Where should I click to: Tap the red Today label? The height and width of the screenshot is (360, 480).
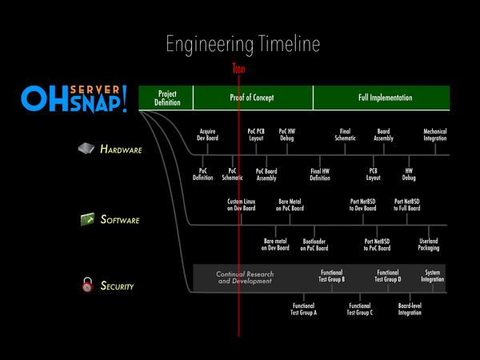click(238, 70)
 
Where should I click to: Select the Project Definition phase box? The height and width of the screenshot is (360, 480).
click(166, 98)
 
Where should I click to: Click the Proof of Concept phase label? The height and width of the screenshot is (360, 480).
click(252, 98)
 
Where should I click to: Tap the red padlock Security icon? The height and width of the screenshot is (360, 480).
click(85, 284)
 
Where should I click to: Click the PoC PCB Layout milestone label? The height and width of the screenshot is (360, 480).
click(257, 134)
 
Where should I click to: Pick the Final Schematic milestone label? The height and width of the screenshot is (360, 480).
click(345, 134)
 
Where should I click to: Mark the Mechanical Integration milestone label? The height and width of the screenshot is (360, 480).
click(436, 134)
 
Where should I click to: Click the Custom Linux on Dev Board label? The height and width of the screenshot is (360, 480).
click(241, 205)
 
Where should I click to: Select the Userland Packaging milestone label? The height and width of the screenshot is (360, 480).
click(429, 245)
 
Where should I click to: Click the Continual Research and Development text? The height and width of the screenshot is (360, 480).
click(244, 278)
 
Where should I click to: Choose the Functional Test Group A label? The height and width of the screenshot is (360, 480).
click(304, 309)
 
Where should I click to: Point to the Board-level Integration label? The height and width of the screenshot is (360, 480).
click(410, 309)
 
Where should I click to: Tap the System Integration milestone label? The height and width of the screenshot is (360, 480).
click(432, 275)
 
